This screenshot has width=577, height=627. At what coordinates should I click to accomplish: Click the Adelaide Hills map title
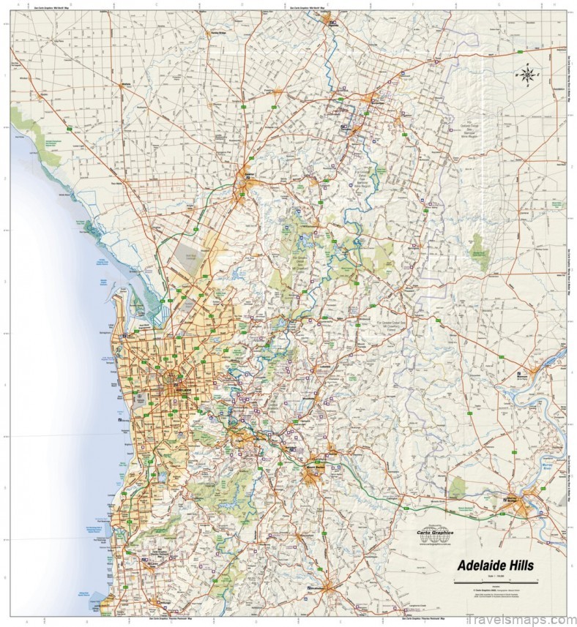[496, 565]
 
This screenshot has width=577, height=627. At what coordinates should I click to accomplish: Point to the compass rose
[526, 74]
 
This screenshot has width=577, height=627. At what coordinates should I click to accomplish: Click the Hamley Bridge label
[215, 33]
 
